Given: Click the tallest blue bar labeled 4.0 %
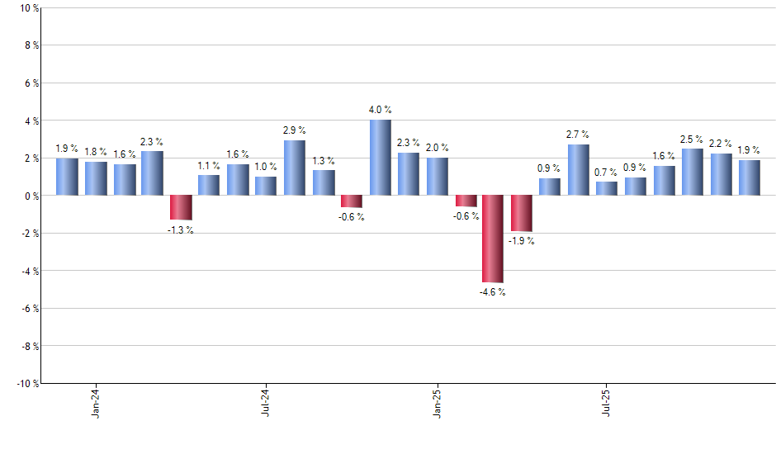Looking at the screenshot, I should point(381,158).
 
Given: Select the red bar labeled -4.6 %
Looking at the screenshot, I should point(494,239).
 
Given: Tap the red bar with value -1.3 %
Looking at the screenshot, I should point(181,207).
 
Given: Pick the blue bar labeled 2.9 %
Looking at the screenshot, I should point(295,168).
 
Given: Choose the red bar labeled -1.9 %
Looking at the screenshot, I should point(522,213).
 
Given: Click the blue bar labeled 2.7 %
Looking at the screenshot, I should point(579,170).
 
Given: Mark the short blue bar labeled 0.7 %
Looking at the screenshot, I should point(607,188).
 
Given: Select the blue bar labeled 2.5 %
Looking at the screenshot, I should point(692,172).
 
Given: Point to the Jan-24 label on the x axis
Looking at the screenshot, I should point(96,401).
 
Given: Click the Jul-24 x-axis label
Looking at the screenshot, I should point(266,401).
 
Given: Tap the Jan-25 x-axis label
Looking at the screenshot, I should point(437,401).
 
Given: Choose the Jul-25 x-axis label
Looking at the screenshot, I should point(607,401).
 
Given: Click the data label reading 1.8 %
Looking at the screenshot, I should point(96,151).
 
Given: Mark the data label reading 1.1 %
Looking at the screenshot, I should point(209,165).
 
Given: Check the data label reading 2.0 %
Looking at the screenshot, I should point(438,148).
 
